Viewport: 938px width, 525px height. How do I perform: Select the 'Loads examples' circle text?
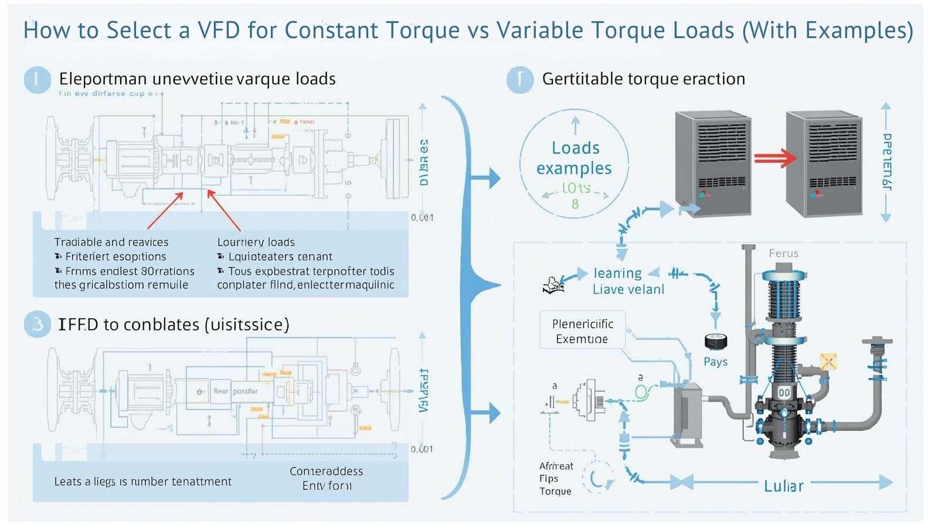pyautogui.click(x=575, y=158)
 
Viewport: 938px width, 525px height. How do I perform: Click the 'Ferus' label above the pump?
pyautogui.click(x=783, y=254)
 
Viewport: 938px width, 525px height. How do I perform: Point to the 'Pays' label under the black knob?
pyautogui.click(x=715, y=362)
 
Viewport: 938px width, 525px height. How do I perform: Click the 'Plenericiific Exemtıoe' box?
pyautogui.click(x=582, y=331)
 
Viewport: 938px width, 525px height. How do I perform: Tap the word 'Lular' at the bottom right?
pyautogui.click(x=783, y=486)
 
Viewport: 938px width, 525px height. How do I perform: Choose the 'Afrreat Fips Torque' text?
pyautogui.click(x=556, y=479)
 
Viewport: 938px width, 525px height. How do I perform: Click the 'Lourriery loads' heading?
pyautogui.click(x=256, y=242)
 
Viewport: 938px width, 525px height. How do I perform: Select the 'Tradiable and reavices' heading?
pyautogui.click(x=111, y=242)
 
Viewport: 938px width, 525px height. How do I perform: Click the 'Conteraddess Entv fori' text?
pyautogui.click(x=327, y=478)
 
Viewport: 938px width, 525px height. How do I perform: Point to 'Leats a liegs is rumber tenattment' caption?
pyautogui.click(x=142, y=482)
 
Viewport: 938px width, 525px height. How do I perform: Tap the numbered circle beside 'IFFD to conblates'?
pyautogui.click(x=38, y=324)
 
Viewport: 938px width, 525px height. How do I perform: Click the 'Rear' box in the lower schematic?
pyautogui.click(x=220, y=391)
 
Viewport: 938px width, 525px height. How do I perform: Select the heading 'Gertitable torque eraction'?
pyautogui.click(x=643, y=79)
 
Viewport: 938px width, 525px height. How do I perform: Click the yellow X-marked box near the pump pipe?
pyautogui.click(x=828, y=362)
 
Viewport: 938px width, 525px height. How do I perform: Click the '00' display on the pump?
pyautogui.click(x=784, y=393)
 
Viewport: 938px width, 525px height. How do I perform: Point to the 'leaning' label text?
pyautogui.click(x=617, y=273)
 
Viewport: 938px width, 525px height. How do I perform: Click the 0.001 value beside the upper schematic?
pyautogui.click(x=422, y=217)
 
